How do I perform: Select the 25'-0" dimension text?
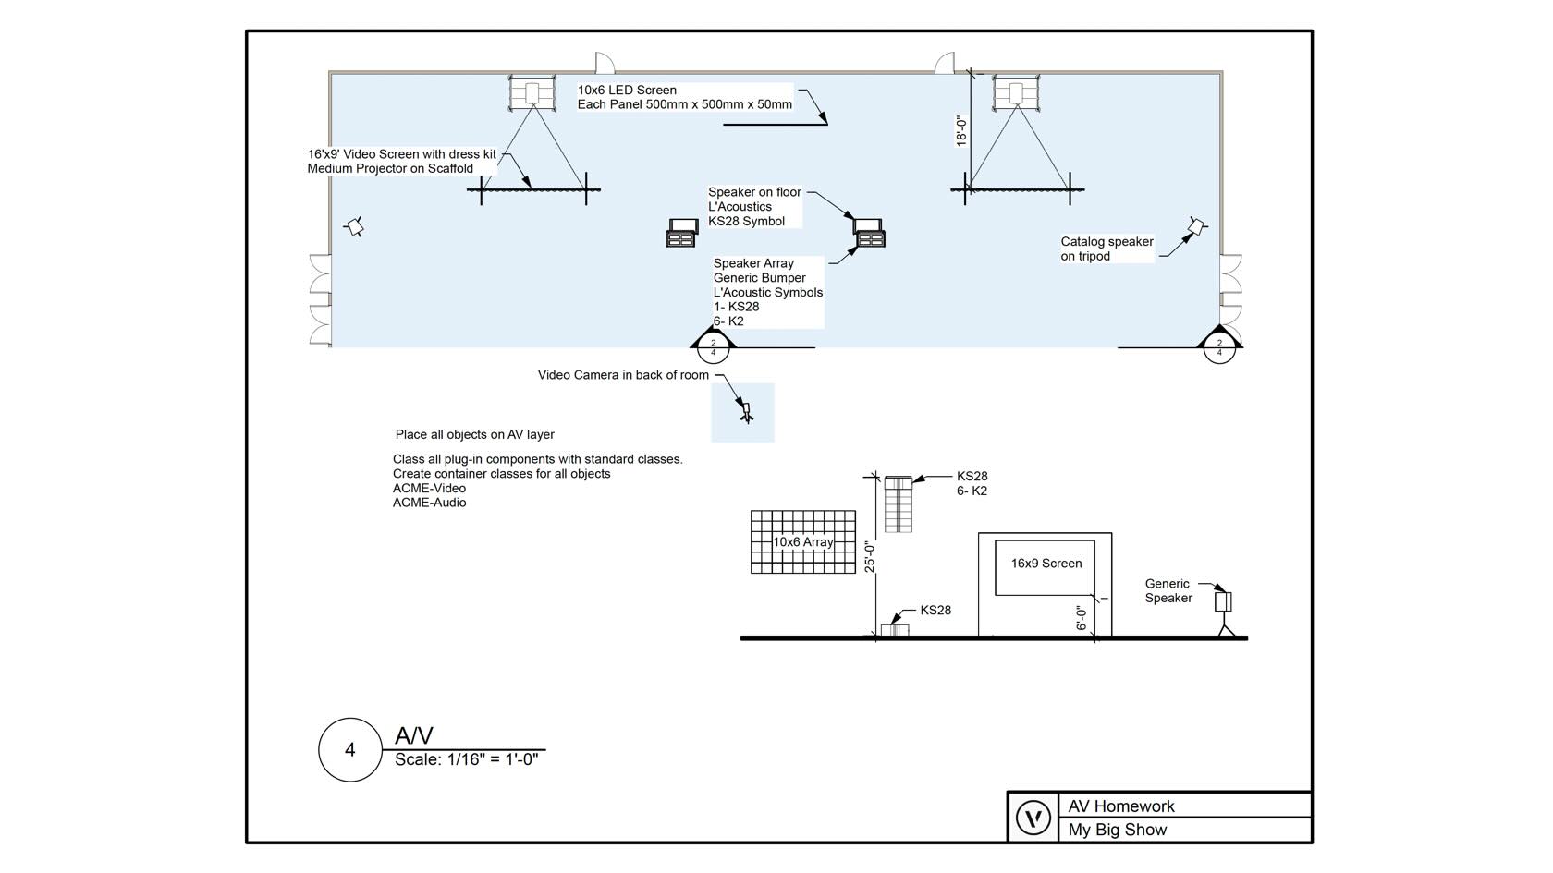(x=870, y=557)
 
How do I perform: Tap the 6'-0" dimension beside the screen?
(x=1081, y=618)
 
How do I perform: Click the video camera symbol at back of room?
(x=746, y=412)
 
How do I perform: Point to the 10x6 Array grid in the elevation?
(x=802, y=542)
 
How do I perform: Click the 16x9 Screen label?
(x=1046, y=564)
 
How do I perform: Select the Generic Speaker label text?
(x=1168, y=591)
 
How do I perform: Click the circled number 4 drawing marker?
(x=349, y=750)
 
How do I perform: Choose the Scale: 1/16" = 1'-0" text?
(x=466, y=759)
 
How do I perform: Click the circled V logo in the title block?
(x=1033, y=818)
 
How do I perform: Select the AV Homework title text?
(x=1121, y=806)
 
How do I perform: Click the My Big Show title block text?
(x=1117, y=830)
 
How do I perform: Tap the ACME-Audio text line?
(x=429, y=503)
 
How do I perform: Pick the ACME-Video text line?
(x=429, y=488)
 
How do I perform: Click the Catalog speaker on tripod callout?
(x=1107, y=249)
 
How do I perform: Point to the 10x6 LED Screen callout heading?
(x=627, y=90)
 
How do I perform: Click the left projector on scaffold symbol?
(x=532, y=93)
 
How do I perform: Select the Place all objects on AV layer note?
(x=474, y=434)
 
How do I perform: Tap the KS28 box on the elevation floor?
(x=894, y=630)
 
